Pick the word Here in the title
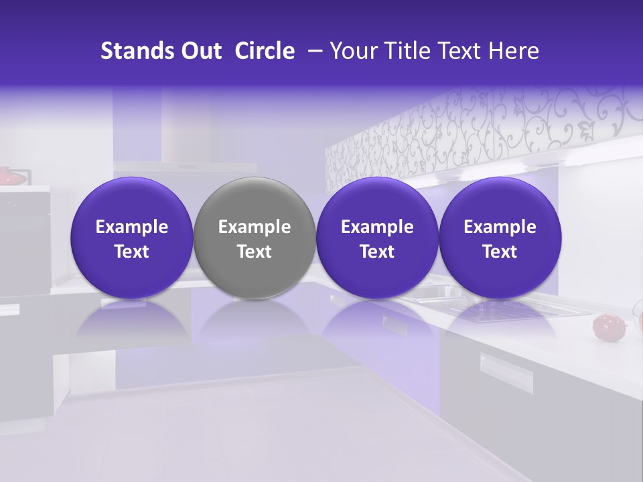tap(514, 51)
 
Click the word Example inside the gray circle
tap(255, 227)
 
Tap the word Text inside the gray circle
tap(255, 252)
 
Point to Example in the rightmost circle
tap(500, 227)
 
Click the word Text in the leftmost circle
tap(132, 252)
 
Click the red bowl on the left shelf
tap(9, 176)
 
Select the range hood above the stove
tap(184, 167)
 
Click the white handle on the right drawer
tap(506, 372)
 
